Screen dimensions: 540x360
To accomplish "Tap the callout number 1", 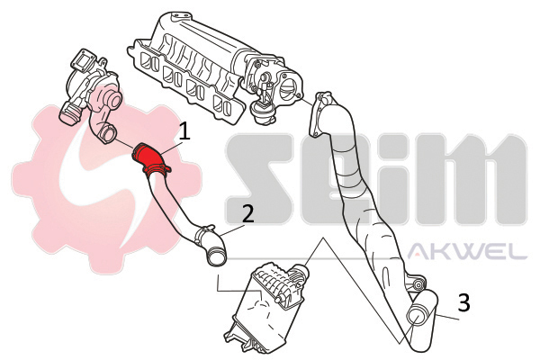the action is point(184,131).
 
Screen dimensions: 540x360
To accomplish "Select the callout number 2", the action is point(247,214).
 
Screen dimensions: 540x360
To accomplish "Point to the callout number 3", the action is point(463,302).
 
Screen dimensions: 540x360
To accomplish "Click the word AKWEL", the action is point(467,251).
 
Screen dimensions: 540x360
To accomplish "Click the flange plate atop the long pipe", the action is point(319,113).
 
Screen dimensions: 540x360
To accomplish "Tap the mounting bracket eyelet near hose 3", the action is point(418,284).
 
